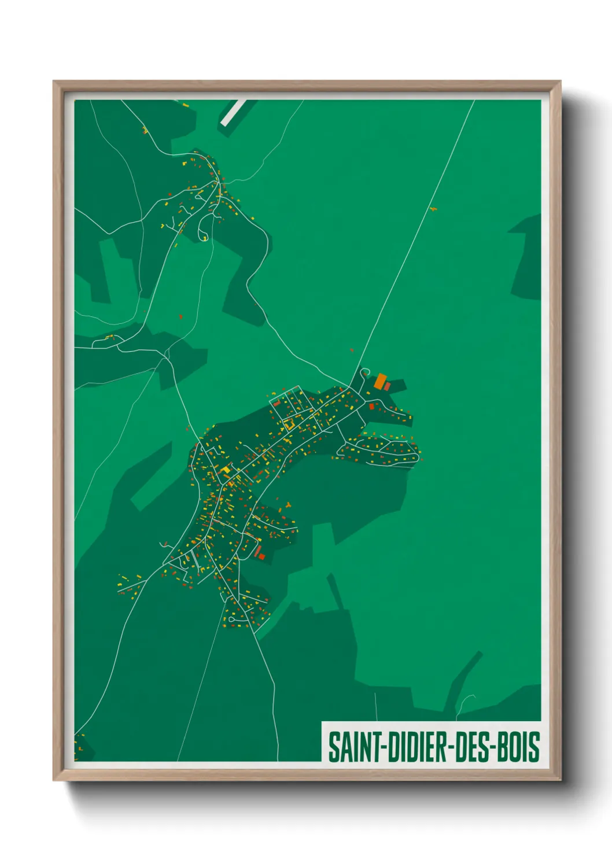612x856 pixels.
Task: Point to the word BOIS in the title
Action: (x=518, y=747)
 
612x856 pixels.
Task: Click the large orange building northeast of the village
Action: (x=380, y=381)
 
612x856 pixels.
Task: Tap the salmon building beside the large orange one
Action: (x=388, y=386)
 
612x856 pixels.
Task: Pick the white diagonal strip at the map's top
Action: (x=233, y=112)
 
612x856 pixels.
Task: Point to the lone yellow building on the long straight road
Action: (x=432, y=209)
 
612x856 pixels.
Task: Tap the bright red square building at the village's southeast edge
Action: (x=261, y=556)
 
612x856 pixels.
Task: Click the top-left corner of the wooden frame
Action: (x=54, y=82)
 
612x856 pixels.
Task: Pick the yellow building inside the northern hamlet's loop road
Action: (x=205, y=238)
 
